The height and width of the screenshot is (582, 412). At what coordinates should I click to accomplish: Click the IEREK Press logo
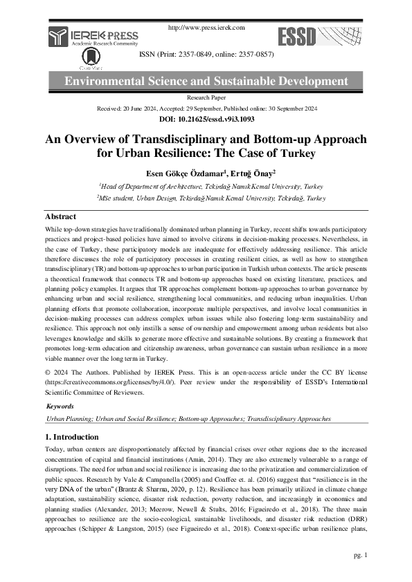[x=93, y=38]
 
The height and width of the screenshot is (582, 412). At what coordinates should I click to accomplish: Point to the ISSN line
[x=206, y=54]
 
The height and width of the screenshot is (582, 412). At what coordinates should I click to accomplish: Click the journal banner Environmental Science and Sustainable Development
[x=206, y=82]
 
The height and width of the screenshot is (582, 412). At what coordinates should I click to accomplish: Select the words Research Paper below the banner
[x=206, y=99]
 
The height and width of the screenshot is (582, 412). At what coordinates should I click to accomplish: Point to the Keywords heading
[x=59, y=406]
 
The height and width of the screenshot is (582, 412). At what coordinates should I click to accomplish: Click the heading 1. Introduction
[x=71, y=437]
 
